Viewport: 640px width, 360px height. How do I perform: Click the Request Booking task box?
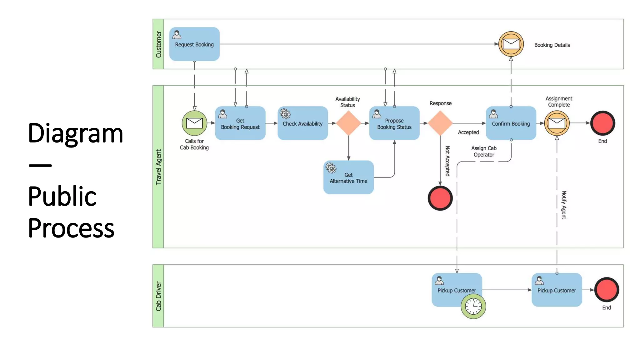point(194,44)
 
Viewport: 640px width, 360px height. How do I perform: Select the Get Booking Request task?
point(240,123)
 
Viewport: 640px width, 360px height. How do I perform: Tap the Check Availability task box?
point(302,123)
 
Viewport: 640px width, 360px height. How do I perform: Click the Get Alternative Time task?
point(348,177)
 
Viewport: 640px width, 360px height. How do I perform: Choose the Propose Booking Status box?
point(394,123)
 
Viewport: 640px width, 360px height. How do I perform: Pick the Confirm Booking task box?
point(511,123)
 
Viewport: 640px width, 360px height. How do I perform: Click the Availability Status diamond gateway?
point(348,123)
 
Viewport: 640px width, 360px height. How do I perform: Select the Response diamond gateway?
point(440,123)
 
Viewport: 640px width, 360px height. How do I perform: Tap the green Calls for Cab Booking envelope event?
point(194,123)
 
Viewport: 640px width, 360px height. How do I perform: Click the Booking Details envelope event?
point(511,44)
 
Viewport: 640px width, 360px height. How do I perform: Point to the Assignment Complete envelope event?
point(557,123)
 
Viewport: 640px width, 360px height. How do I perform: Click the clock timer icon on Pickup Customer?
point(473,306)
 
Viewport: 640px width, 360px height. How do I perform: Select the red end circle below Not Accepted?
point(440,198)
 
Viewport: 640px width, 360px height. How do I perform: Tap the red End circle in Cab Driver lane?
point(606,290)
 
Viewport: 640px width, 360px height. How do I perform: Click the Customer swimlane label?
point(158,44)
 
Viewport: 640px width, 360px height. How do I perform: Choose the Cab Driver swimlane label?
point(158,296)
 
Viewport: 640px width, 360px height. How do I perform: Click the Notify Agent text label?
point(564,205)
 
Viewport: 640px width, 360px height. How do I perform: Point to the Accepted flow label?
point(468,132)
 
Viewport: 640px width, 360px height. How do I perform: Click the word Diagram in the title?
point(75,133)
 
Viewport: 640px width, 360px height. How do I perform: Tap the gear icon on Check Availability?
point(285,114)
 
